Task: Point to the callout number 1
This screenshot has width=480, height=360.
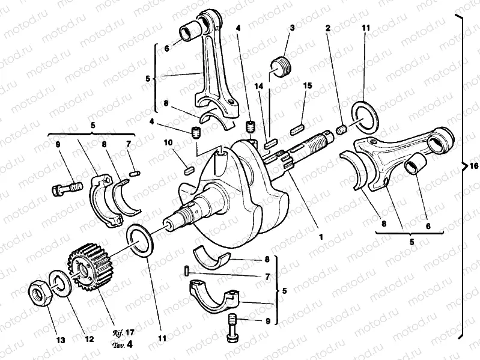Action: [321, 237]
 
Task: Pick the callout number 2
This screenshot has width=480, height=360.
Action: [328, 28]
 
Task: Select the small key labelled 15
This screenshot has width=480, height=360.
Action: [296, 127]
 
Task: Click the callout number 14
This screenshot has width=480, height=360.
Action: [259, 87]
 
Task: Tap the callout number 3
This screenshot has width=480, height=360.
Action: [292, 28]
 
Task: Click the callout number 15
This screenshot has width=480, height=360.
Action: [307, 87]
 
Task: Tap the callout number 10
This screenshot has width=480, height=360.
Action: [169, 142]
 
